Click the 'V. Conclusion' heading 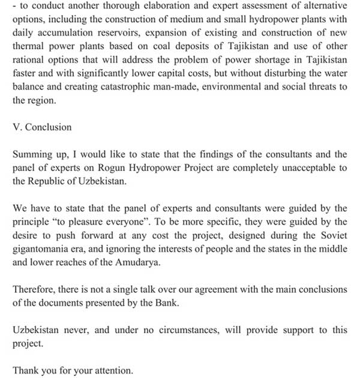click(x=42, y=127)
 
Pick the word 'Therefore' click(x=34, y=289)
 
